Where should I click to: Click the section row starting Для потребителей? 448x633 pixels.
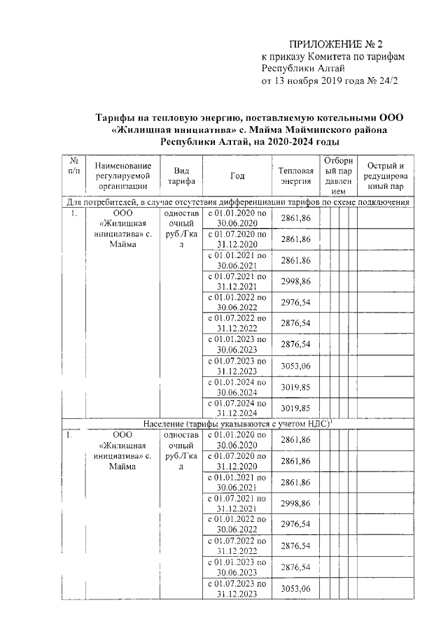coord(237,202)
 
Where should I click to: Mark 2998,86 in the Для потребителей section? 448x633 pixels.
coord(295,281)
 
